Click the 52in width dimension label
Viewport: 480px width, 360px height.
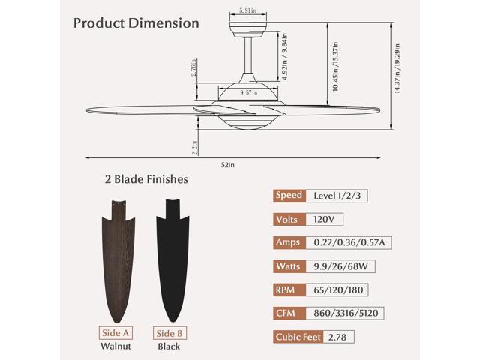click(x=228, y=165)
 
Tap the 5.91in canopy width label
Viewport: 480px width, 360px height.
click(x=248, y=10)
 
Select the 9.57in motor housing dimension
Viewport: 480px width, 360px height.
click(x=248, y=92)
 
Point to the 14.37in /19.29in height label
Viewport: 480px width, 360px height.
click(x=397, y=68)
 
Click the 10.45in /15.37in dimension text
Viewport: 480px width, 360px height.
click(x=335, y=67)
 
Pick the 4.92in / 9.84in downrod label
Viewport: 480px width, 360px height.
click(x=285, y=57)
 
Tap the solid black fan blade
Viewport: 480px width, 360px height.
click(x=173, y=260)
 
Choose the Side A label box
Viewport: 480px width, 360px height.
click(x=115, y=333)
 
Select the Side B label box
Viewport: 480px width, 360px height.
click(x=169, y=333)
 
